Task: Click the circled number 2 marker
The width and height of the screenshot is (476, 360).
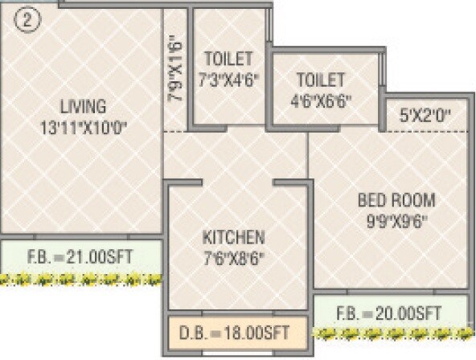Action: click(27, 21)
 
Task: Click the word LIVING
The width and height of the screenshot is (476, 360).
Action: click(83, 105)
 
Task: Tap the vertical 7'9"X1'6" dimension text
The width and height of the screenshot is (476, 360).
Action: click(176, 70)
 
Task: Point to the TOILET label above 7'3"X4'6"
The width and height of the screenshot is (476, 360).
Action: click(228, 59)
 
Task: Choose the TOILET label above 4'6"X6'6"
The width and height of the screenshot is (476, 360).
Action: click(320, 80)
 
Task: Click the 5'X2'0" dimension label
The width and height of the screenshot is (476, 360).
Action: click(425, 117)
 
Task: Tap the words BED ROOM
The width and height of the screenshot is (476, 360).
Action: click(396, 201)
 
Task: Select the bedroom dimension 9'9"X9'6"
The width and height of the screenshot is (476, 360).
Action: click(396, 222)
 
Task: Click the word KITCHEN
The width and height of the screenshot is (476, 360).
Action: click(233, 238)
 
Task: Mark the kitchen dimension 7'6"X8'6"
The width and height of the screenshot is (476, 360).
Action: click(233, 259)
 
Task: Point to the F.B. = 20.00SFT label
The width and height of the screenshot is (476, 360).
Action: click(389, 312)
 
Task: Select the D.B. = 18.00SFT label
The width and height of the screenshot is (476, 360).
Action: click(236, 331)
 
